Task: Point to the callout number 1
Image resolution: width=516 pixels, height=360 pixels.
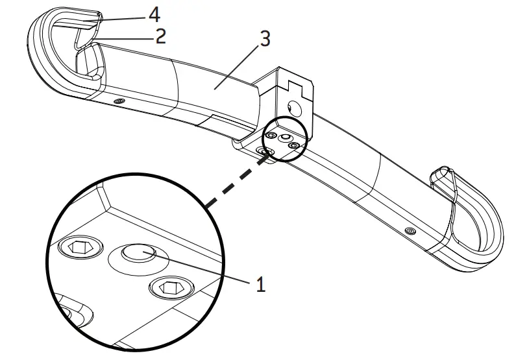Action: tap(260, 284)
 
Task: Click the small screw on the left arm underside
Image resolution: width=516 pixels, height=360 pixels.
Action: tap(118, 102)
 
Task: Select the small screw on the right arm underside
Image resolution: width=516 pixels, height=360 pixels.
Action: tap(410, 230)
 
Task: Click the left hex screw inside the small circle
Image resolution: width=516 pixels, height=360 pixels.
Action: tap(270, 136)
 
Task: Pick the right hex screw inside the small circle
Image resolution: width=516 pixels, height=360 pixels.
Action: tap(294, 146)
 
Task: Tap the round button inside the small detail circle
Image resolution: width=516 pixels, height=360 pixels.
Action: tap(284, 138)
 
